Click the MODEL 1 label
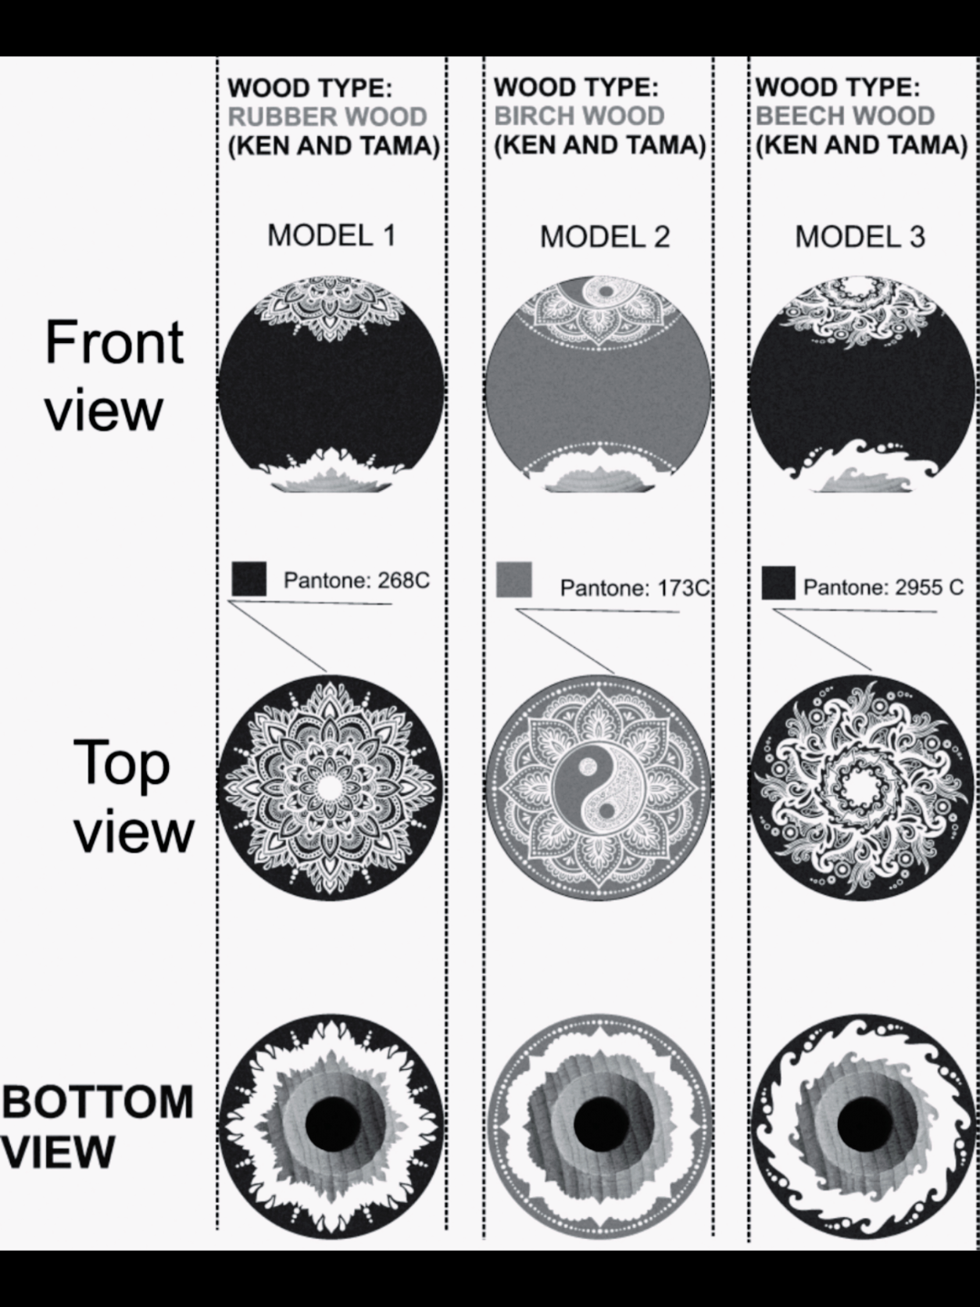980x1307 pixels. point(331,236)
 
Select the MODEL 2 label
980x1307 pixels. point(605,237)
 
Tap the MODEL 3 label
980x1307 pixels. point(860,237)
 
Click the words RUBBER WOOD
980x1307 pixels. point(327,116)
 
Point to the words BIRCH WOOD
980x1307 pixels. point(579,116)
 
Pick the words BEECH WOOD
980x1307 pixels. point(845,116)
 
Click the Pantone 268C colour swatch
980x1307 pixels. point(249,578)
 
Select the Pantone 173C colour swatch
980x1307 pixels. point(514,579)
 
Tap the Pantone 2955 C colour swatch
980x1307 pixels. point(778,583)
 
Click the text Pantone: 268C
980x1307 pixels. point(356,580)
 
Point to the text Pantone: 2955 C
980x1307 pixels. point(883,588)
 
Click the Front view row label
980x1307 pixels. point(114,375)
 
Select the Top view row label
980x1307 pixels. point(134,796)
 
